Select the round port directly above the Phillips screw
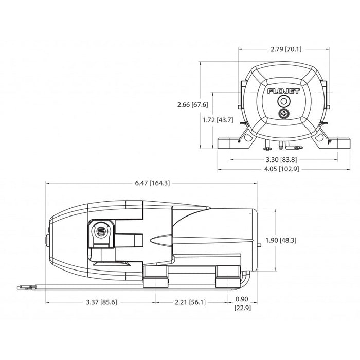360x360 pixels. point(282,101)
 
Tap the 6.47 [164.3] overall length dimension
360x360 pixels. point(153,183)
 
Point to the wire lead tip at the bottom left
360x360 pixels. point(22,287)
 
